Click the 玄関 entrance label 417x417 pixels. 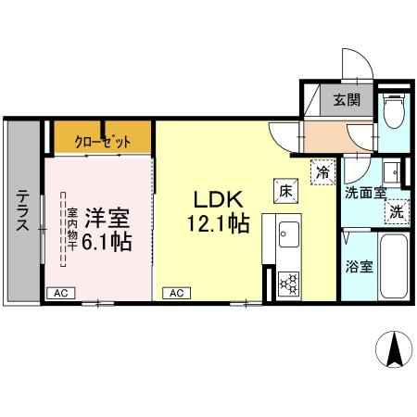347,101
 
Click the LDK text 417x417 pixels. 219,200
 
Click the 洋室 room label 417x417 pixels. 107,219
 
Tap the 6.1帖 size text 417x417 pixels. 107,243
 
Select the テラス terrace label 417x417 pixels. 21,212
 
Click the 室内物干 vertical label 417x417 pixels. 70,231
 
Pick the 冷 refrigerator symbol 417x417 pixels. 322,171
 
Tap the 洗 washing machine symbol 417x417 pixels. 398,211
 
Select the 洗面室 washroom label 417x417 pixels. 363,194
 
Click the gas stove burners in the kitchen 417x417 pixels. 287,281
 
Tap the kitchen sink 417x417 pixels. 284,233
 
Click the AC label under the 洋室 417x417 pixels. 60,293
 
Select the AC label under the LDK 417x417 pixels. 174,293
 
